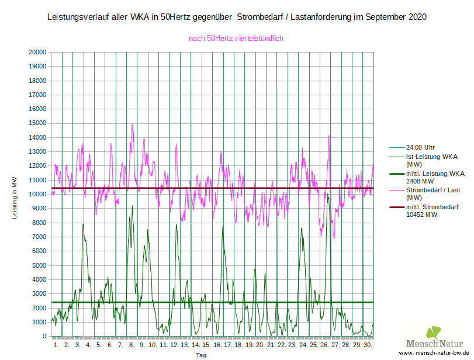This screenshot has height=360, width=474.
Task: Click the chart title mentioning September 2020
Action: click(236, 17)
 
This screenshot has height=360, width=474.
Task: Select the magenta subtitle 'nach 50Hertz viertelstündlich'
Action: click(236, 39)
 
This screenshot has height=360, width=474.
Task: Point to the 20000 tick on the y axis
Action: click(37, 52)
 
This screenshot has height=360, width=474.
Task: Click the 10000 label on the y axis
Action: click(37, 194)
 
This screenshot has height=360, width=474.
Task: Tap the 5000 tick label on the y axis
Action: click(39, 265)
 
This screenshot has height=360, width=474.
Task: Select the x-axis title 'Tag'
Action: click(200, 355)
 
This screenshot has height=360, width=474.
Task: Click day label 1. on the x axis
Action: click(56, 345)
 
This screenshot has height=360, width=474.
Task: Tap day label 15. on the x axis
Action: click(206, 345)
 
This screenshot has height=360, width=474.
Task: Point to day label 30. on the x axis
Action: click(367, 345)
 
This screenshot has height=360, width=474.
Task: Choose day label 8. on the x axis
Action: click(131, 345)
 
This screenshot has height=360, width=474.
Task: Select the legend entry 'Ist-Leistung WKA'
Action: click(431, 157)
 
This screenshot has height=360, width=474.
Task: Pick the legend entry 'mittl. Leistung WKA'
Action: click(435, 174)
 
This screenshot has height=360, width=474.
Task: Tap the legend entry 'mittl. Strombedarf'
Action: click(432, 207)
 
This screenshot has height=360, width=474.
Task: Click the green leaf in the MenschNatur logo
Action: click(433, 333)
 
